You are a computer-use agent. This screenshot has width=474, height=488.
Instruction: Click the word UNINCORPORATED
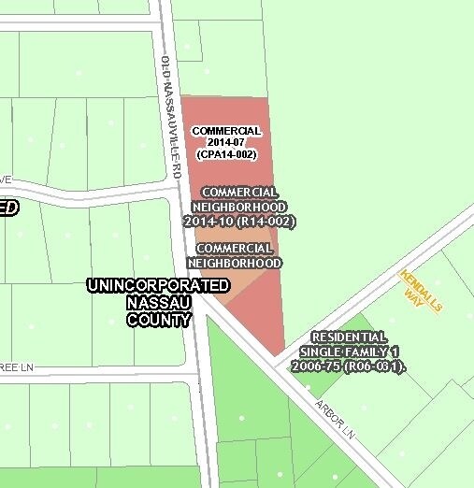point(157,285)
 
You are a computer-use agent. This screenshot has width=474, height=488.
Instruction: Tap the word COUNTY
point(159,320)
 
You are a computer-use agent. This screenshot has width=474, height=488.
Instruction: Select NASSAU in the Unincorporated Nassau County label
point(159,303)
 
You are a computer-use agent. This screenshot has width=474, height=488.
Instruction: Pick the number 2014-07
point(227,142)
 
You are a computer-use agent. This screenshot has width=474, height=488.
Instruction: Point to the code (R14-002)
point(266,222)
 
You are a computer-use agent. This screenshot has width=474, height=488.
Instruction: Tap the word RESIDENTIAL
point(348,337)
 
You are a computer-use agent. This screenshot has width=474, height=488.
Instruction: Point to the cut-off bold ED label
point(7,208)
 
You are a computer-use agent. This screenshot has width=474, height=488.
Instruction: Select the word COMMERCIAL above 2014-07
point(227,131)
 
